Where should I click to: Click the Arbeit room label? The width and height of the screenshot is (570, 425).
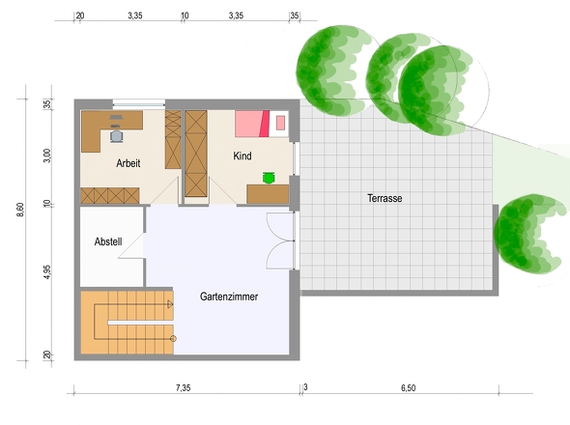point(128,163)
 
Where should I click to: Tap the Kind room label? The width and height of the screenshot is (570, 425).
point(242,156)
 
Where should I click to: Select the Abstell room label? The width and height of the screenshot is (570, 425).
point(108,241)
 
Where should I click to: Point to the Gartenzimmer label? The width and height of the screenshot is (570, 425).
point(229,297)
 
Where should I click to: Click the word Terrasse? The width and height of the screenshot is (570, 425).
point(385,199)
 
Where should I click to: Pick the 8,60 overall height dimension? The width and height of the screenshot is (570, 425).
point(20,211)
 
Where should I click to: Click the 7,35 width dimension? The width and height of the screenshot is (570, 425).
point(184,388)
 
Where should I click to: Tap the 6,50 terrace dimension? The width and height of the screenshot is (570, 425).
point(409,388)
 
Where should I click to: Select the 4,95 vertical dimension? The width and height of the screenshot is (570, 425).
point(47,272)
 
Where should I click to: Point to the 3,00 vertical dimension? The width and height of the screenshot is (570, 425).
point(47,156)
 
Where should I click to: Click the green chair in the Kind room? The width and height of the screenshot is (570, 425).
point(269,178)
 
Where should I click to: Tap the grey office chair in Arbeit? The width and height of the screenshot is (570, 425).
point(116,136)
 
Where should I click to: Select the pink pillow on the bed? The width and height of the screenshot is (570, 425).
point(280,123)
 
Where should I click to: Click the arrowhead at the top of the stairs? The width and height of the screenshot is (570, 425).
point(170,304)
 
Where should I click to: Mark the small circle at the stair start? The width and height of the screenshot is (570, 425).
point(173,339)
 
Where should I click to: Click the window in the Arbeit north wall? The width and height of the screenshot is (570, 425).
point(139,104)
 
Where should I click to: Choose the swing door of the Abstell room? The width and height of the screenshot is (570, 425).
point(130,245)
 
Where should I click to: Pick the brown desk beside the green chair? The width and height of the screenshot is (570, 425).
point(268,194)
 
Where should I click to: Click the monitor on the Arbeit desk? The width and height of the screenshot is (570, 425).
point(116,117)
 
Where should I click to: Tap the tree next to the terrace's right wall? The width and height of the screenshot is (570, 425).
point(528,235)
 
